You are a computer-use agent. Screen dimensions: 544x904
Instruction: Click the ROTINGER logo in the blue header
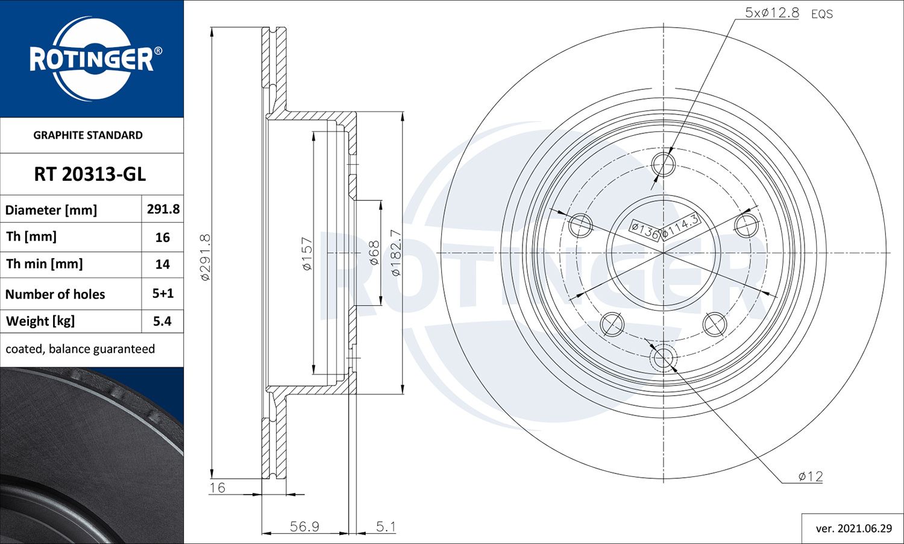point(92,59)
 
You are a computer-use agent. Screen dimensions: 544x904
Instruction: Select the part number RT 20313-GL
point(90,174)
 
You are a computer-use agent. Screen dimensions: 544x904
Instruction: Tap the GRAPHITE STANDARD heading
point(88,135)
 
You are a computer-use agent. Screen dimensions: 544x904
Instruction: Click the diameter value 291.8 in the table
point(163,209)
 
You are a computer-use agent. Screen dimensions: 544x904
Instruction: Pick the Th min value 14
point(162,264)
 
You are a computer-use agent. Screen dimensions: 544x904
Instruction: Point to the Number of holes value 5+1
point(163,294)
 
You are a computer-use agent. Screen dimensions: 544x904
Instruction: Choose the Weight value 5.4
point(162,321)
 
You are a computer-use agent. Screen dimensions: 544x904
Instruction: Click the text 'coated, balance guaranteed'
point(80,349)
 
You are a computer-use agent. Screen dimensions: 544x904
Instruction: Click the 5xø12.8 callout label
point(771,13)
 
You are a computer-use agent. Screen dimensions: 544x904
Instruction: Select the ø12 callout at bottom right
point(810,476)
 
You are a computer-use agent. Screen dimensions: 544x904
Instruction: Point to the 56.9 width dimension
point(304,527)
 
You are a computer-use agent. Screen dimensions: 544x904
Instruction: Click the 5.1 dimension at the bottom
point(386,527)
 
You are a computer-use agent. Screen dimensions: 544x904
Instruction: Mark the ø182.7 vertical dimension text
point(395,253)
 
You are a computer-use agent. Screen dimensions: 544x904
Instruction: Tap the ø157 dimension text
point(307,253)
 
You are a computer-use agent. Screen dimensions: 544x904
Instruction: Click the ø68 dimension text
point(374,253)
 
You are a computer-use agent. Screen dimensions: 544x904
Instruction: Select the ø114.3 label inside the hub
point(680,226)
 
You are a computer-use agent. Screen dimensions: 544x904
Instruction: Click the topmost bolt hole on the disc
point(664,163)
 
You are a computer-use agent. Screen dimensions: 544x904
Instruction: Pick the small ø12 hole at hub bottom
point(664,358)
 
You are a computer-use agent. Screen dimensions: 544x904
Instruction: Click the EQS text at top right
point(821,14)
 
